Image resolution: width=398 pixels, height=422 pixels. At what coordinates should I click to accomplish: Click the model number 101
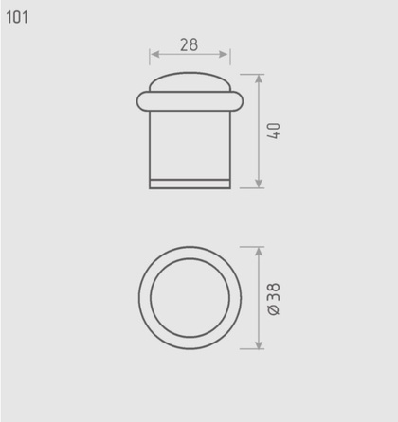click(17, 17)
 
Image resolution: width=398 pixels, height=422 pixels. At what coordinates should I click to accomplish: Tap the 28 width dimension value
click(190, 44)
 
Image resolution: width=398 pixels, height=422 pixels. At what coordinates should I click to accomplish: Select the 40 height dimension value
click(274, 131)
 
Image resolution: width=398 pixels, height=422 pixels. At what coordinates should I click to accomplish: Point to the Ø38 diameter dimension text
click(274, 299)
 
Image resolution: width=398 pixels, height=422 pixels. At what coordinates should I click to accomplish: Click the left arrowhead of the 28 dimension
click(154, 54)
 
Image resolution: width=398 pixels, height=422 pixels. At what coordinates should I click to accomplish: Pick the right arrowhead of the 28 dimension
click(224, 54)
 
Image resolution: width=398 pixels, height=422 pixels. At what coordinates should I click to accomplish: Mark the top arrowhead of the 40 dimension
click(259, 79)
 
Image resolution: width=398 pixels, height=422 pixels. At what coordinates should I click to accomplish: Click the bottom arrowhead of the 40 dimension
click(259, 184)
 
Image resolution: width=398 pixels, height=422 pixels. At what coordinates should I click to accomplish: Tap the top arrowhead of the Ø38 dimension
click(259, 252)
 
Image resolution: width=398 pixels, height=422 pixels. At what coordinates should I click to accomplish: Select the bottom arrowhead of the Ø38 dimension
click(259, 344)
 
